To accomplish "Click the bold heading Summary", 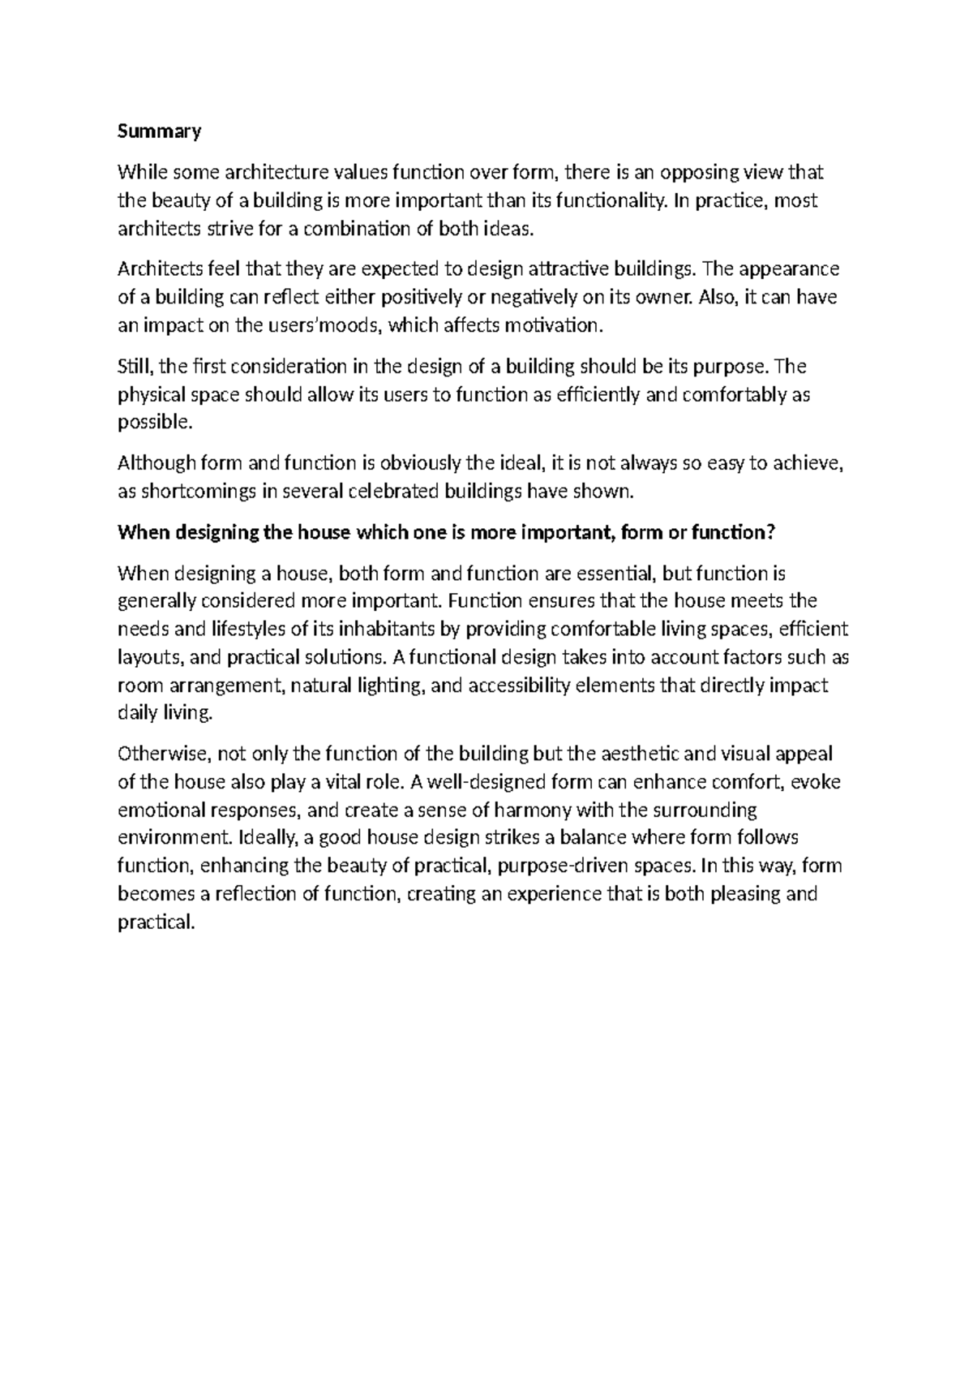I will pyautogui.click(x=159, y=131).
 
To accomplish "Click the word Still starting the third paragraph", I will pyautogui.click(x=135, y=366).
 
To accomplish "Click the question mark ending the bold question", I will pyautogui.click(x=771, y=532).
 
